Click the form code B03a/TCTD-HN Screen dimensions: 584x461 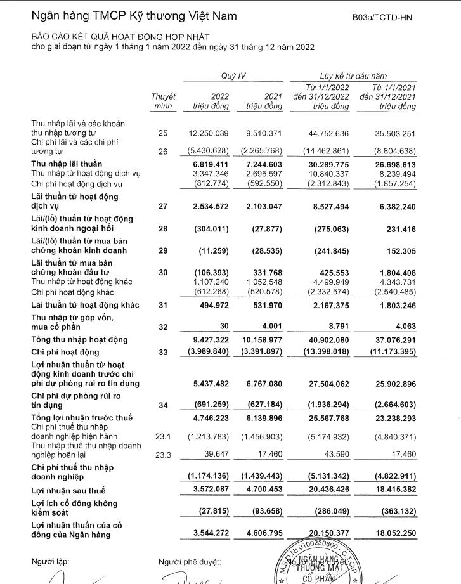tap(382, 17)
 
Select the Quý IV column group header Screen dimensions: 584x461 tap(233, 75)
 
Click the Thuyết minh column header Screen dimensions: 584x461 tap(163, 101)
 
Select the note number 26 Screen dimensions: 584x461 tap(163, 152)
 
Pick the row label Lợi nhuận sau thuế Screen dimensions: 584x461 tap(68, 491)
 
